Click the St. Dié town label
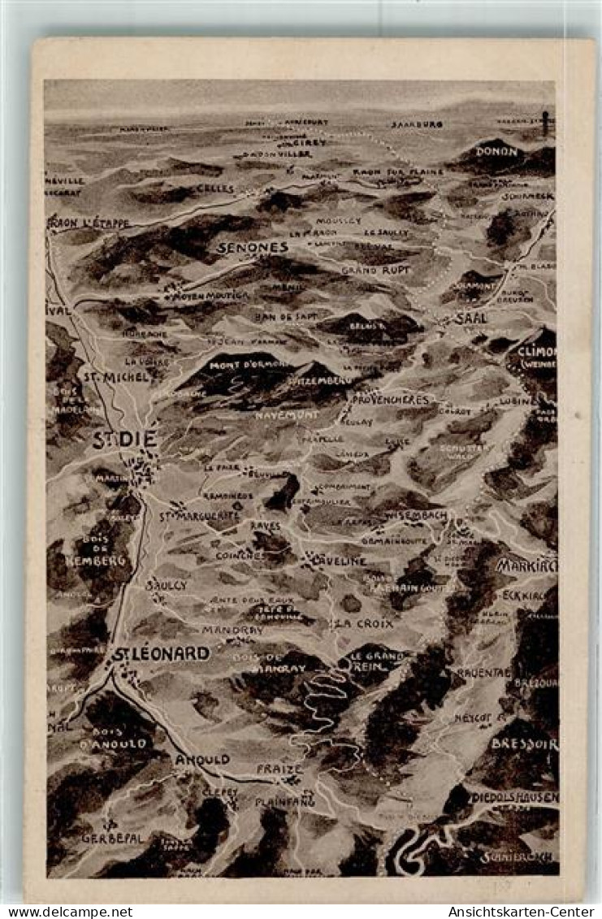[125, 440]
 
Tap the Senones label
[252, 247]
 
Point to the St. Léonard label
[160, 653]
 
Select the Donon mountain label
[496, 151]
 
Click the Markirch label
[526, 566]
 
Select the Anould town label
[202, 760]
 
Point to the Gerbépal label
[112, 838]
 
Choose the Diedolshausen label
[514, 798]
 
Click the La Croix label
[362, 623]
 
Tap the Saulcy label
[167, 584]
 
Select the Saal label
[471, 319]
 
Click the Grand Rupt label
[375, 269]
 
